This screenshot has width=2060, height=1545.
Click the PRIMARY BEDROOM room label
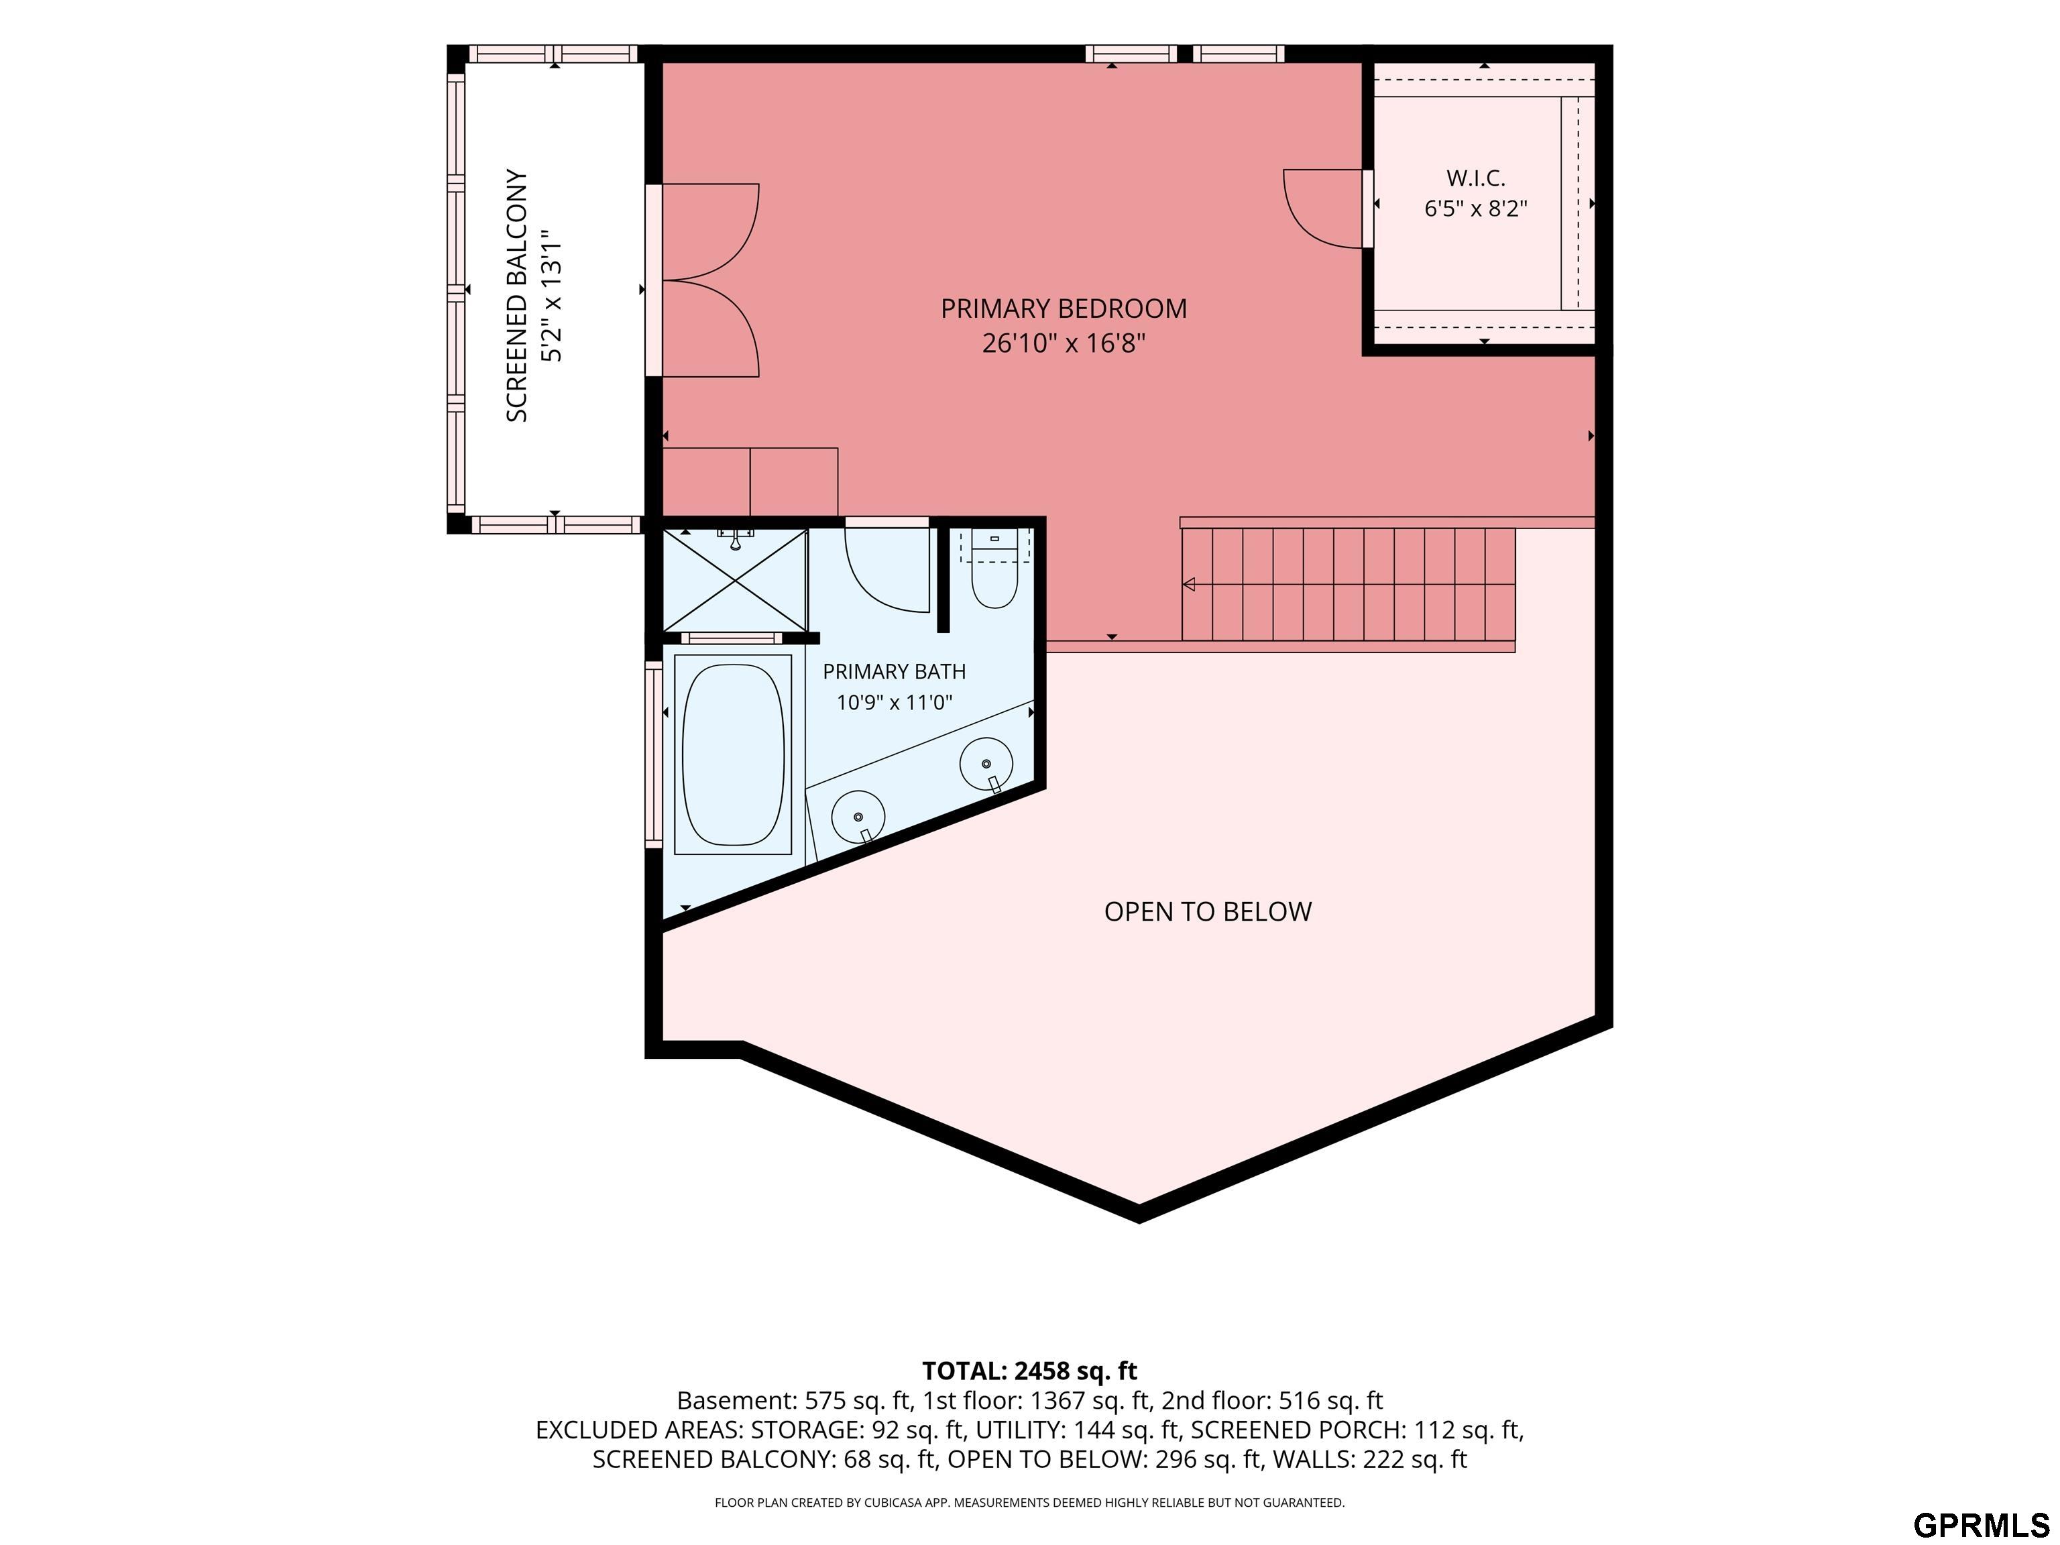(x=1064, y=308)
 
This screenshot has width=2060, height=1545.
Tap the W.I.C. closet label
(x=1475, y=178)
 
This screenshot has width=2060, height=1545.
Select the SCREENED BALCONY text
(x=517, y=295)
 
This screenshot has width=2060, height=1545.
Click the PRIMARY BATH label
(x=894, y=671)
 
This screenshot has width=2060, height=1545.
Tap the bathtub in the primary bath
(x=733, y=754)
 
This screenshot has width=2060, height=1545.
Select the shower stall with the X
(x=735, y=580)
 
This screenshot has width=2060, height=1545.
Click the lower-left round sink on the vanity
(x=858, y=817)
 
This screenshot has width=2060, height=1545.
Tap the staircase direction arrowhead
(x=1188, y=585)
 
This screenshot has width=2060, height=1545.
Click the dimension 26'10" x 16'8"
(x=1064, y=343)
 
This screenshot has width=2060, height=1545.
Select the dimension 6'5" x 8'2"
(x=1476, y=209)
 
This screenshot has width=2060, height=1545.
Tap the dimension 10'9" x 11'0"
(x=894, y=702)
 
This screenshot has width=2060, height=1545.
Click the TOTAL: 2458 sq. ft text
(x=1030, y=1371)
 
